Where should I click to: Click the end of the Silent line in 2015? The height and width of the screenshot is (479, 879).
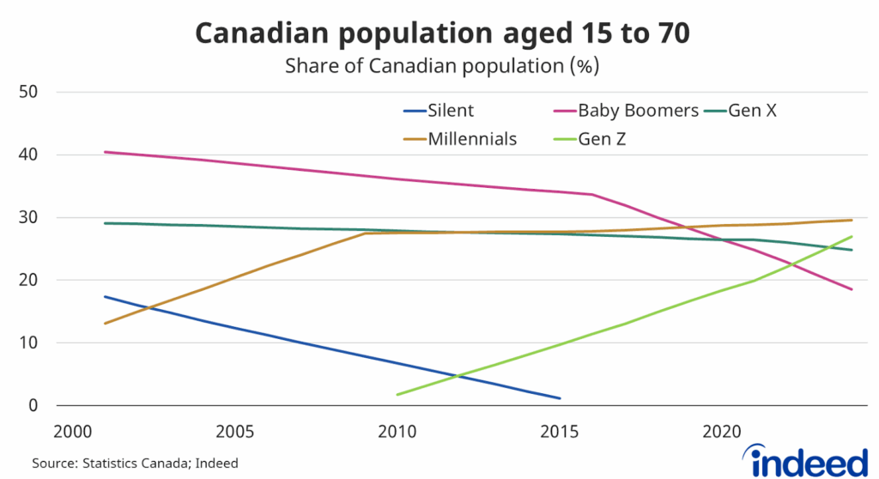point(560,398)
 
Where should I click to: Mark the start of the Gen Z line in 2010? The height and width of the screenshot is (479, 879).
point(397,394)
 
